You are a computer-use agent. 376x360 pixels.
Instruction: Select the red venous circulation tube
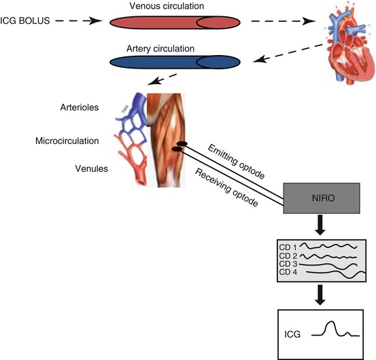pyautogui.click(x=174, y=22)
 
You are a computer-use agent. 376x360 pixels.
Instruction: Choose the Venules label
pyautogui.click(x=85, y=166)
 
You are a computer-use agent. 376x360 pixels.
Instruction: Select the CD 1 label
pyautogui.click(x=288, y=245)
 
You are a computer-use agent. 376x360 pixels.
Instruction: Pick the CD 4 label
pyautogui.click(x=288, y=272)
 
